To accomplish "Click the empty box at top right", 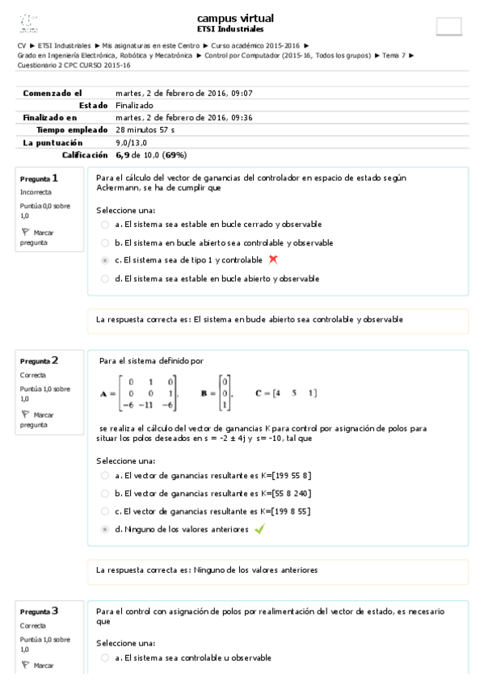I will pyautogui.click(x=448, y=26).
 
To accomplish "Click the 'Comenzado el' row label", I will pyautogui.click(x=53, y=93).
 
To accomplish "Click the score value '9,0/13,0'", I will pyautogui.click(x=133, y=141).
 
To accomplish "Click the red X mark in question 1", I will pyautogui.click(x=273, y=260).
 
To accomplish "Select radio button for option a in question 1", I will pyautogui.click(x=105, y=224).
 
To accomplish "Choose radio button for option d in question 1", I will pyautogui.click(x=105, y=279).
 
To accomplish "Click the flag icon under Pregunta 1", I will pyautogui.click(x=24, y=232).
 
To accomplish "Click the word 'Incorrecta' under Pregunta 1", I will pyautogui.click(x=36, y=193).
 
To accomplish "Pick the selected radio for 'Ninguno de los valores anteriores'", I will pyautogui.click(x=105, y=530).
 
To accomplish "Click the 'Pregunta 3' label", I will pyautogui.click(x=39, y=611).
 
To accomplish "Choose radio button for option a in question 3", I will pyautogui.click(x=105, y=658).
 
